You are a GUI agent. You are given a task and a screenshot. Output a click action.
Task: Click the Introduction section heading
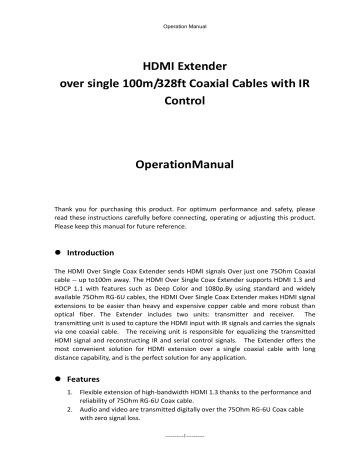coord(98,254)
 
